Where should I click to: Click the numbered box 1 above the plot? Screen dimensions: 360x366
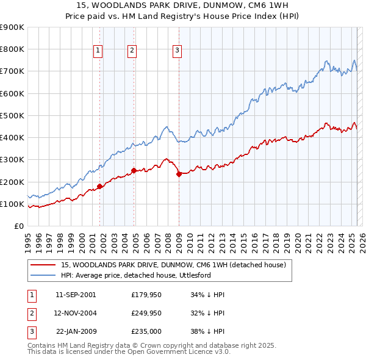click(98, 51)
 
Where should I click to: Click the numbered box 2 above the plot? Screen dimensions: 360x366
click(132, 51)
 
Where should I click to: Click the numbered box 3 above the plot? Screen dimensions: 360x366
click(177, 51)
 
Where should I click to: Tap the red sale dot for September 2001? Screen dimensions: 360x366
click(100, 187)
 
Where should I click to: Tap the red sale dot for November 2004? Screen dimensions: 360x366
click(134, 171)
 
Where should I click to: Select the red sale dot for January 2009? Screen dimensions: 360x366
click(179, 174)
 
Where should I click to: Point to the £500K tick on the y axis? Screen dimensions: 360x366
click(12, 115)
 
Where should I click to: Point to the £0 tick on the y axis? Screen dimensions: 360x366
click(18, 226)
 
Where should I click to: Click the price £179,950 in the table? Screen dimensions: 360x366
click(146, 295)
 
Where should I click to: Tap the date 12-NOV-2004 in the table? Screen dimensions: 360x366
click(76, 313)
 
